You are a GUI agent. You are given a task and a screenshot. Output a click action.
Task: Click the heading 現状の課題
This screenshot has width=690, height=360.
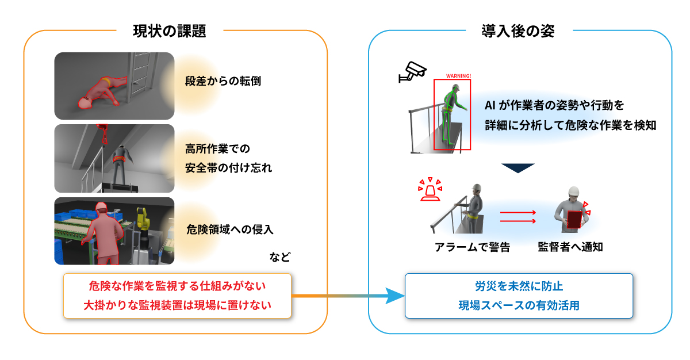170,31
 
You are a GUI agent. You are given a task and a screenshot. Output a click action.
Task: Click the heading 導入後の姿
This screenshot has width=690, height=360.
518,31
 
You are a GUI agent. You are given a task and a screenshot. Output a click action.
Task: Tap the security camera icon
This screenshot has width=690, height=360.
413,72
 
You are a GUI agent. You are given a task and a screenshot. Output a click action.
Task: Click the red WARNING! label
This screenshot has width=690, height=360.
458,76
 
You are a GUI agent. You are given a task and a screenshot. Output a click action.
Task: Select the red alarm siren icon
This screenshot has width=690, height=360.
430,190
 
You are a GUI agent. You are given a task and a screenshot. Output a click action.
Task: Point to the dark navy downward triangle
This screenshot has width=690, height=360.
518,168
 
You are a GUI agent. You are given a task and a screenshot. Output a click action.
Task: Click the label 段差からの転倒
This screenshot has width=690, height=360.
223,81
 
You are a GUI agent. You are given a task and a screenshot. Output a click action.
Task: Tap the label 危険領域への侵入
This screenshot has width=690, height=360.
230,229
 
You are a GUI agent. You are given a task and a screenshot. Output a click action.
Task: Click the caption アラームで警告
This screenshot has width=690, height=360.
472,247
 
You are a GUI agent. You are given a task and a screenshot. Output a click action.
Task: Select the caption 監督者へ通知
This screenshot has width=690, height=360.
570,247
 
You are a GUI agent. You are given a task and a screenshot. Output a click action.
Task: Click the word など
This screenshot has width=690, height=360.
279,257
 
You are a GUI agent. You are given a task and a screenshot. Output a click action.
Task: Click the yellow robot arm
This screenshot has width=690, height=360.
143,219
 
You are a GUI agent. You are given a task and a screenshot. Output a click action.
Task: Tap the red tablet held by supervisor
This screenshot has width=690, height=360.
574,219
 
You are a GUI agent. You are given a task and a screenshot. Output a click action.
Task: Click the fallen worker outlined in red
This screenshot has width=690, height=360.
102,93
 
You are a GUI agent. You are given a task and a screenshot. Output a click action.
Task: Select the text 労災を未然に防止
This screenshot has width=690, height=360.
519,286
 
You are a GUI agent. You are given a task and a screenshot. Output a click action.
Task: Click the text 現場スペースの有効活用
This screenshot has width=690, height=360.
519,305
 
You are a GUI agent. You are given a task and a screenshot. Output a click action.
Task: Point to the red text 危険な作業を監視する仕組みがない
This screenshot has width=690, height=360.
177,286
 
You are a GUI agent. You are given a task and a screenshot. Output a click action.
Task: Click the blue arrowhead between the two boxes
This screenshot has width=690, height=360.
395,296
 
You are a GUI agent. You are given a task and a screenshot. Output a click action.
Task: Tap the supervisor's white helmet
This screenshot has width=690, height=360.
574,192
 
